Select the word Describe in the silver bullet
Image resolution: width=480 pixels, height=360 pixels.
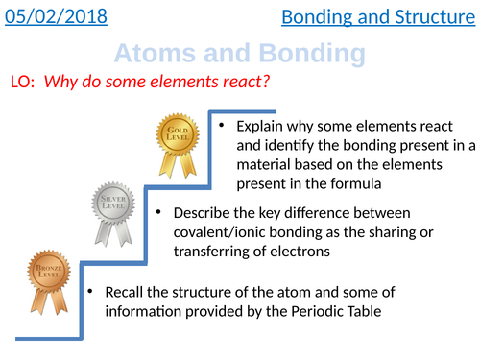tap(203, 212)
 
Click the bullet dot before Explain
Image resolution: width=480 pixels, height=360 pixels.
tap(221, 126)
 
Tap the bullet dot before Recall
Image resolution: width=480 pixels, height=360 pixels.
tap(89, 291)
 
